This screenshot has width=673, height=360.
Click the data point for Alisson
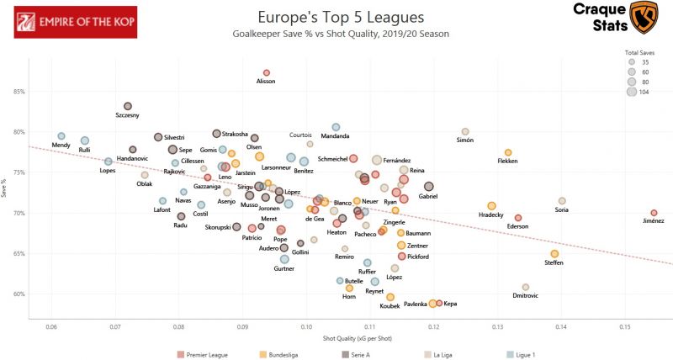[267, 73]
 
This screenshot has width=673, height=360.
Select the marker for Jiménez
[654, 213]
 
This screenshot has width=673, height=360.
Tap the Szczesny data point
[128, 106]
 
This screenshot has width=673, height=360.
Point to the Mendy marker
[61, 136]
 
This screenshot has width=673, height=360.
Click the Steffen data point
[554, 254]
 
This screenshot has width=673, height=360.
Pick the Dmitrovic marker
[526, 287]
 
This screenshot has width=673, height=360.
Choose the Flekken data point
[508, 152]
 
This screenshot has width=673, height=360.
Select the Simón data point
[465, 132]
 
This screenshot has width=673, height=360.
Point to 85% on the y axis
[19, 92]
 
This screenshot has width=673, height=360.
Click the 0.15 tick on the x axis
[625, 326]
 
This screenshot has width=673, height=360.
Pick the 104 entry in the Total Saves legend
[632, 92]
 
